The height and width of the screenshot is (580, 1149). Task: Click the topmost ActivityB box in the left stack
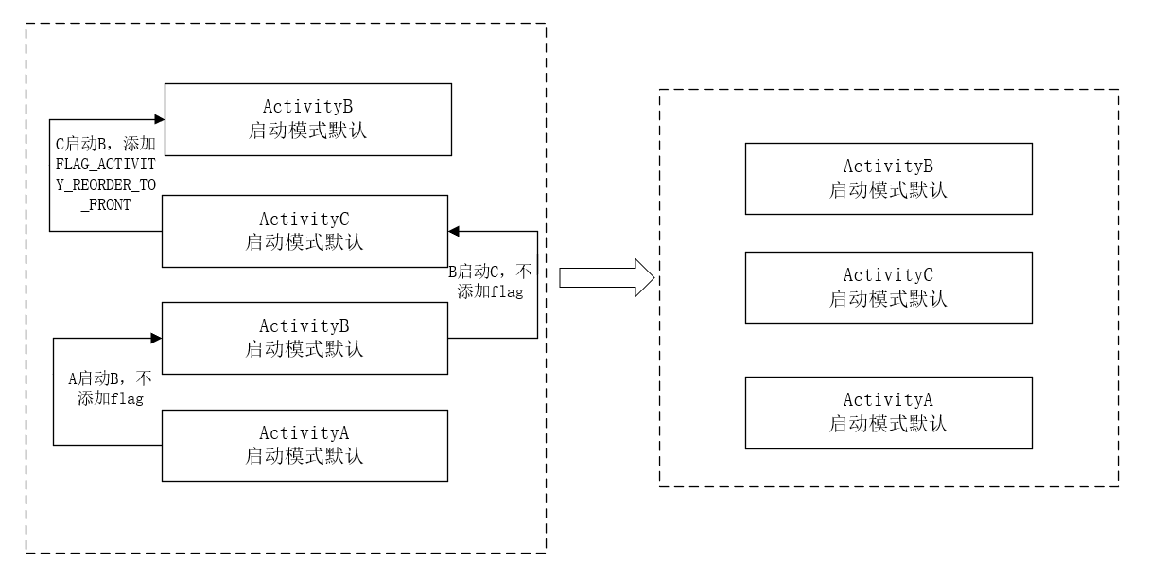pos(307,119)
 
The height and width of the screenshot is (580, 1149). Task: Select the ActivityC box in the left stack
pos(304,232)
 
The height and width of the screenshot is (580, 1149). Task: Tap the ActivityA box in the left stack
pos(304,445)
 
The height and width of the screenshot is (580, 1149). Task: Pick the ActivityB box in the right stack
pos(888,178)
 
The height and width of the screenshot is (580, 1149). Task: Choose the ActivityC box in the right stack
pos(888,287)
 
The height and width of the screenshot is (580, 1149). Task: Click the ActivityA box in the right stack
pos(888,413)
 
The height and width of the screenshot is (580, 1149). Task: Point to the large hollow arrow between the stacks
pos(606,277)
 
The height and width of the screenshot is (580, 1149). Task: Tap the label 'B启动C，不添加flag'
pos(491,281)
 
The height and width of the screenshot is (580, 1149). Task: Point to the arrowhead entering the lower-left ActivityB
pos(156,337)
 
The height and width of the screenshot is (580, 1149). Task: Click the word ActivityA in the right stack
pos(888,400)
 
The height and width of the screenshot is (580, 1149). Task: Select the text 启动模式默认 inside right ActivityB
pos(888,190)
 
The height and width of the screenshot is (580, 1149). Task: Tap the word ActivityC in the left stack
pos(304,220)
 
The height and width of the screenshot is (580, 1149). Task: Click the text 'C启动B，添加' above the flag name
pos(106,144)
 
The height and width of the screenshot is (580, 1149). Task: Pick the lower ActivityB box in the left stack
pos(304,338)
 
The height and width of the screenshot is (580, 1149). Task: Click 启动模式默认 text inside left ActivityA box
pos(304,456)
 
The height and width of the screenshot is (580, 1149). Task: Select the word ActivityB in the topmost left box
pos(307,107)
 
